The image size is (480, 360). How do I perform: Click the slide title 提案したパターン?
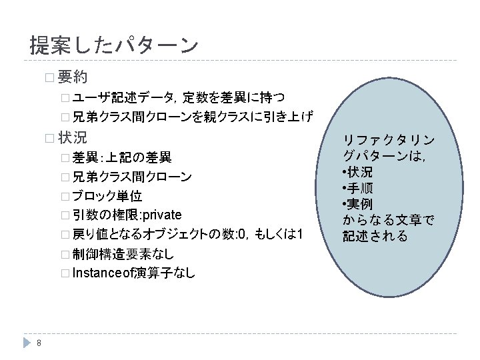pyautogui.click(x=114, y=45)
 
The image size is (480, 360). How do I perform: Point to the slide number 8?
pyautogui.click(x=39, y=343)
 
